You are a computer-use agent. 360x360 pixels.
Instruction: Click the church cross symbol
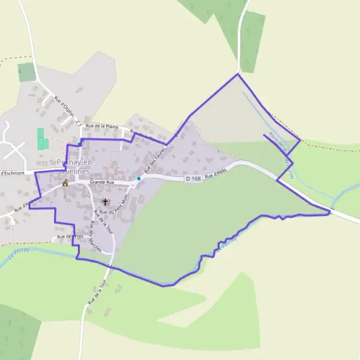coord(106,202)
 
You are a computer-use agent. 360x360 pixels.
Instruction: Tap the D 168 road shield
coord(193,179)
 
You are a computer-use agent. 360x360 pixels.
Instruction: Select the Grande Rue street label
coord(101,182)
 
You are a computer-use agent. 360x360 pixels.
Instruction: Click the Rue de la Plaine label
coord(103,126)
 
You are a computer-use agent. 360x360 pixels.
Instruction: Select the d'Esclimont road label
coord(12,173)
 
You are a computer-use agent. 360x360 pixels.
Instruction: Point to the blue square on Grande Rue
coord(139,178)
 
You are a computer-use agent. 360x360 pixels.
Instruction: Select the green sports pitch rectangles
coord(42,139)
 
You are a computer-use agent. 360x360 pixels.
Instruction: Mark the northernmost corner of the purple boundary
coord(238,74)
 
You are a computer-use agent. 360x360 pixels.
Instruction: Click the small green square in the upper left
coord(27,72)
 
